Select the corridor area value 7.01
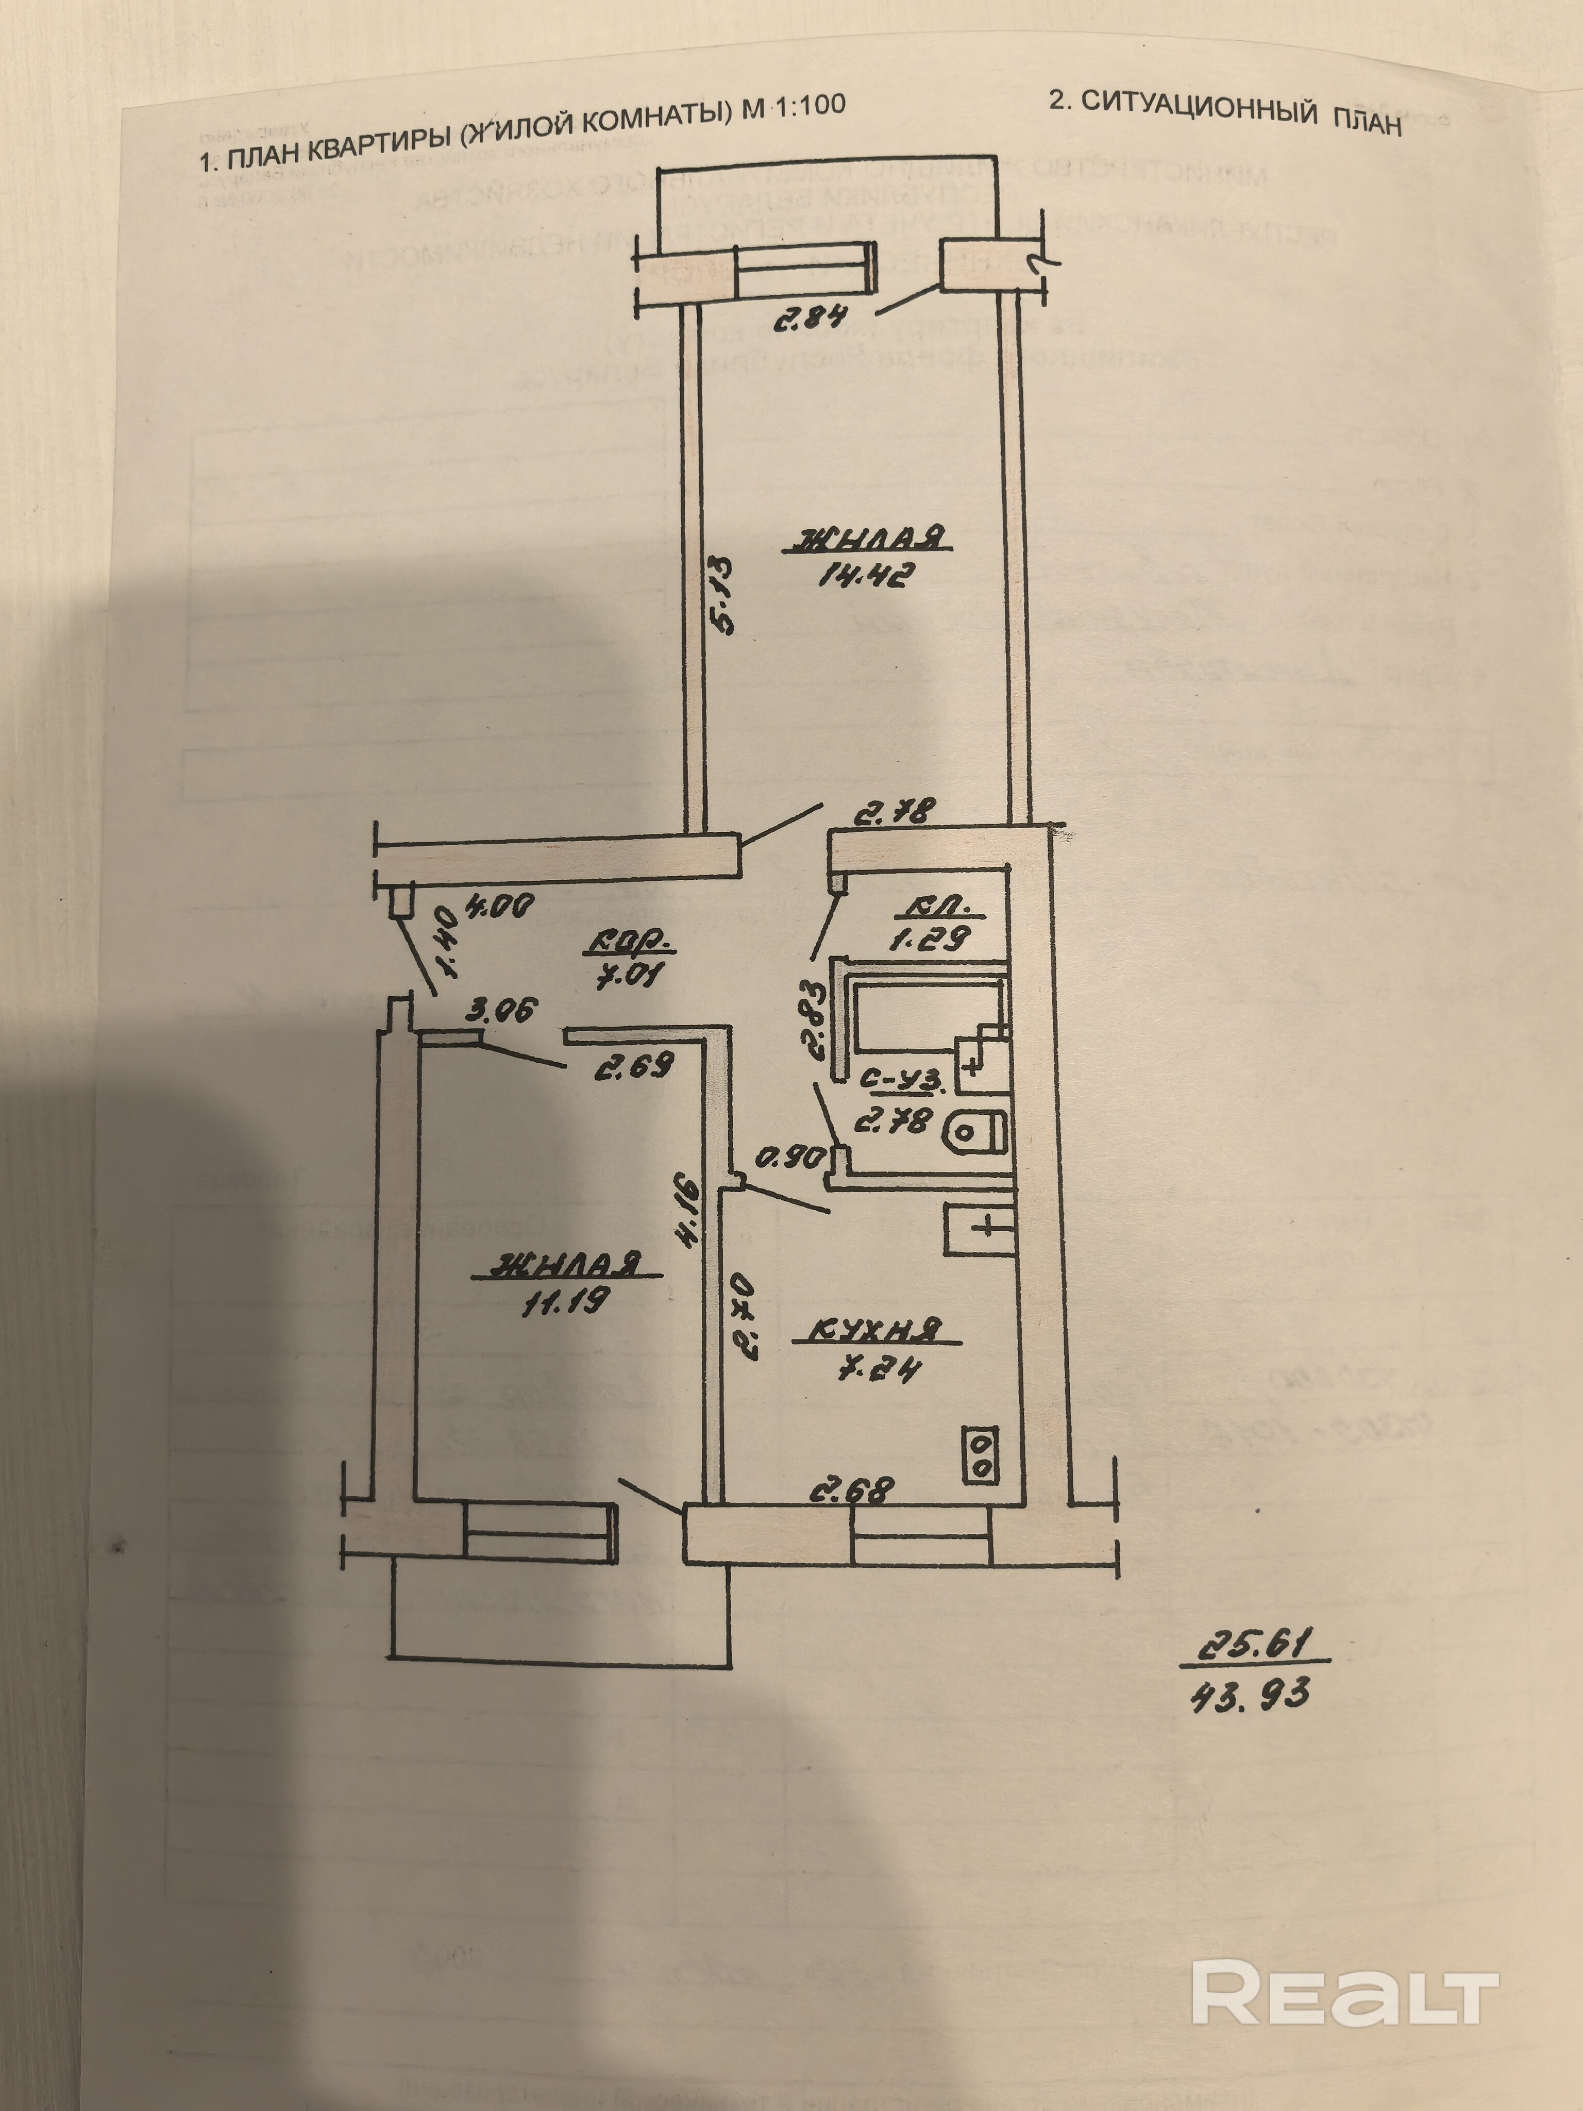click(630, 977)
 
